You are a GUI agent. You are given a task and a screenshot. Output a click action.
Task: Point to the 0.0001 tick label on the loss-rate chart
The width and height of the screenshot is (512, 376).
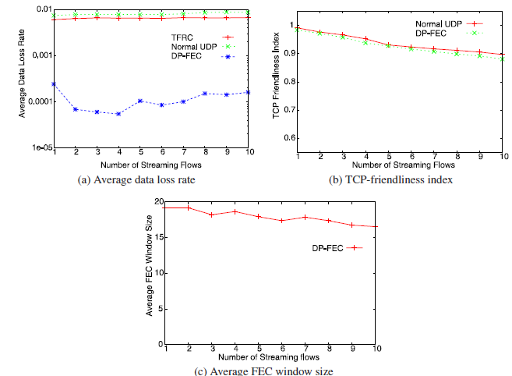point(35,101)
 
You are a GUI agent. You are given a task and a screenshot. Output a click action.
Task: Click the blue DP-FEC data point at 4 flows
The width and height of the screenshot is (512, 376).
point(118,114)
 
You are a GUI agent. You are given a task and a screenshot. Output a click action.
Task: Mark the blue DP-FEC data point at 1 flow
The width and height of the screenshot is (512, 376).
point(54,83)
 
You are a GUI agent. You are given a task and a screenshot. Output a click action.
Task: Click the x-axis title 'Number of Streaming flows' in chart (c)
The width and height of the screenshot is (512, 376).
point(270,360)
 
